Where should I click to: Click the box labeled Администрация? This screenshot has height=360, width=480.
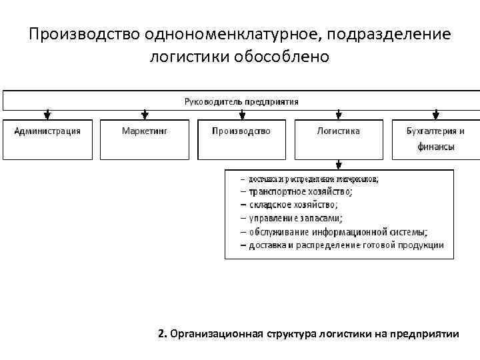pos(47,139)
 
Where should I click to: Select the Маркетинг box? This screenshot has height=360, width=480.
pos(145,139)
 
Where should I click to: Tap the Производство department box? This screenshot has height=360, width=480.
pos(241,139)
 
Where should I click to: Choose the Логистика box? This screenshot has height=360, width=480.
pos(339,139)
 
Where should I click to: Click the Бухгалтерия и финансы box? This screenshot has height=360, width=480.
pos(435,139)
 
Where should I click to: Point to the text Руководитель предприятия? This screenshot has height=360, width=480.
pos(241,101)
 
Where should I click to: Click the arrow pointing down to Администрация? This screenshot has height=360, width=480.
pos(47,115)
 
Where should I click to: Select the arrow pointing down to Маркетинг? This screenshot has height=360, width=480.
pos(145,115)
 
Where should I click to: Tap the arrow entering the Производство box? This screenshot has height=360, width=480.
pos(241,115)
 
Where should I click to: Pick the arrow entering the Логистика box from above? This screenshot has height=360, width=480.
pos(339,115)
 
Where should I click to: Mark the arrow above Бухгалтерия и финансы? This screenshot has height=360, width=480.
pos(436,115)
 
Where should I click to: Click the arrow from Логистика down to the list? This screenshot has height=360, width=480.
pos(339,164)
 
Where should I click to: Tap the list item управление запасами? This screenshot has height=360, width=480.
pos(295,217)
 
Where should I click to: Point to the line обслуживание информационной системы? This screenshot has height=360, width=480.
pos(338,231)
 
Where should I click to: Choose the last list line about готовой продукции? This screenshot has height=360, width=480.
pos(345,245)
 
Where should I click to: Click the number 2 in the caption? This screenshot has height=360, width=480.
pos(162,333)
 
